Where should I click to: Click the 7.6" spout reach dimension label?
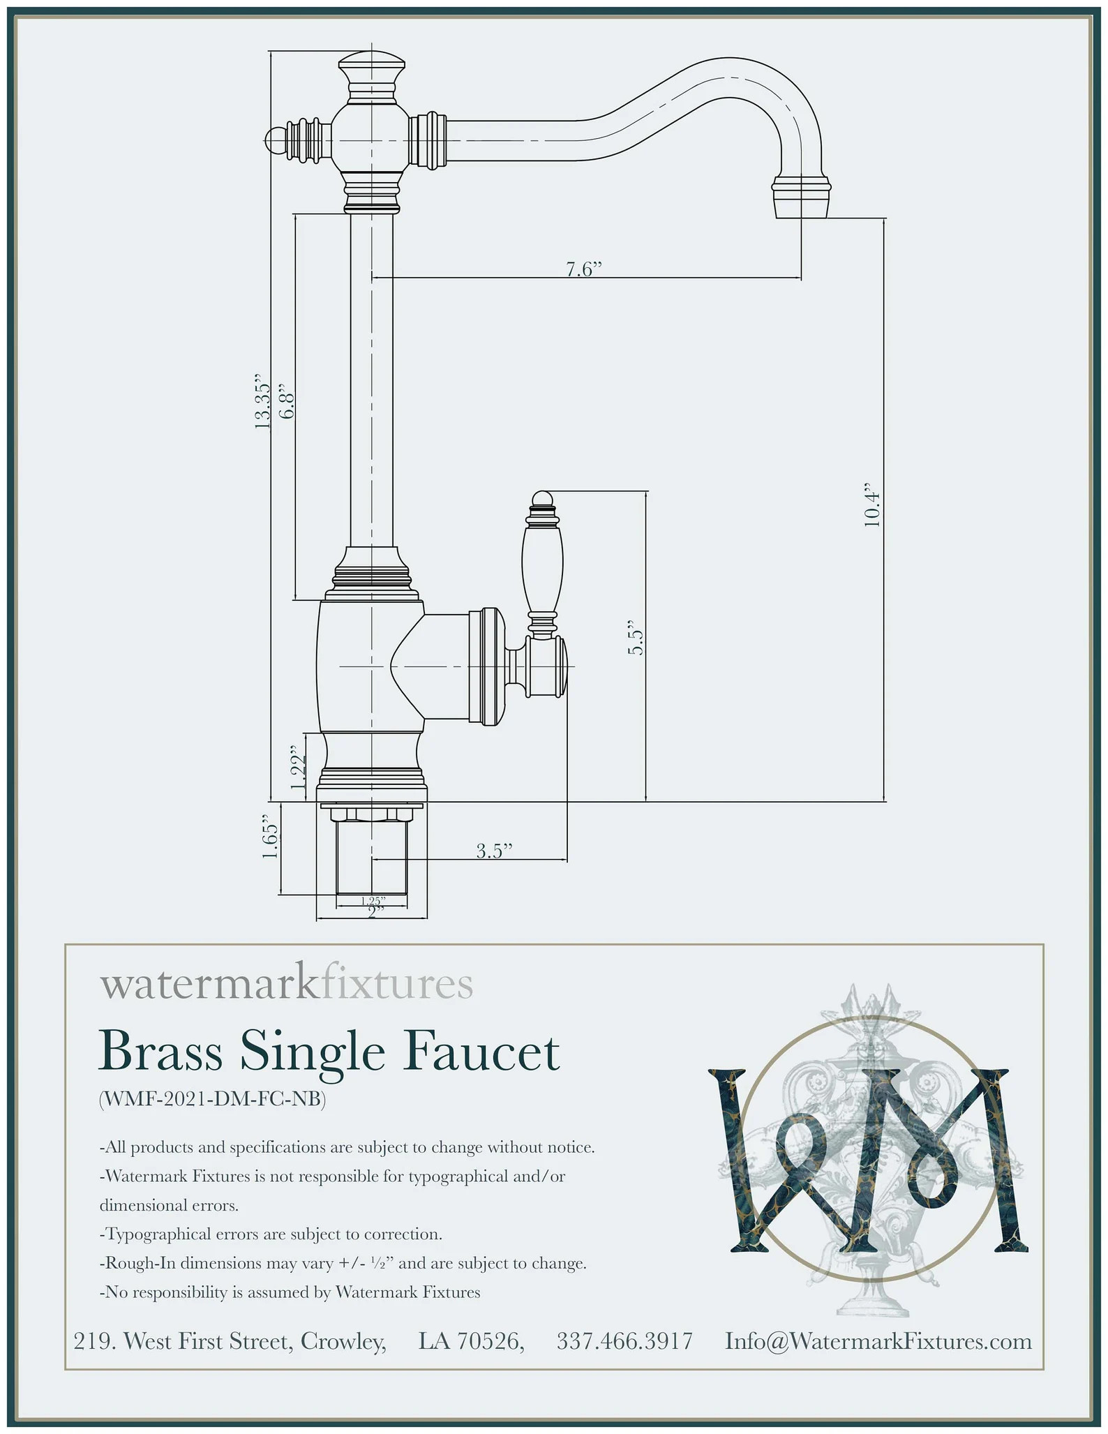tap(583, 269)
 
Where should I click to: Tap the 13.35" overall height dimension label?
tap(262, 401)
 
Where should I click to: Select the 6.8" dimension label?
tap(287, 401)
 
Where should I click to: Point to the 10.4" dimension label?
tap(872, 505)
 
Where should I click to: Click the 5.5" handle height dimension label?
tap(635, 637)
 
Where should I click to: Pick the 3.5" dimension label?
tap(494, 851)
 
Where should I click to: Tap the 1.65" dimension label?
tap(271, 837)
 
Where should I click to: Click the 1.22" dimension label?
tap(299, 772)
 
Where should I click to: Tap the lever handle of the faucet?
tap(542, 558)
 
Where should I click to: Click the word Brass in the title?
tap(160, 1052)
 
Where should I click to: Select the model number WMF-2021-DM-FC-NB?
tap(213, 1099)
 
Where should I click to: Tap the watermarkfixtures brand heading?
tap(286, 984)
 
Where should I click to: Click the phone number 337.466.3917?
tap(624, 1341)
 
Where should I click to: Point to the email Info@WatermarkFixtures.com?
tap(878, 1341)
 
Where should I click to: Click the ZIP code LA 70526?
tap(471, 1341)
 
